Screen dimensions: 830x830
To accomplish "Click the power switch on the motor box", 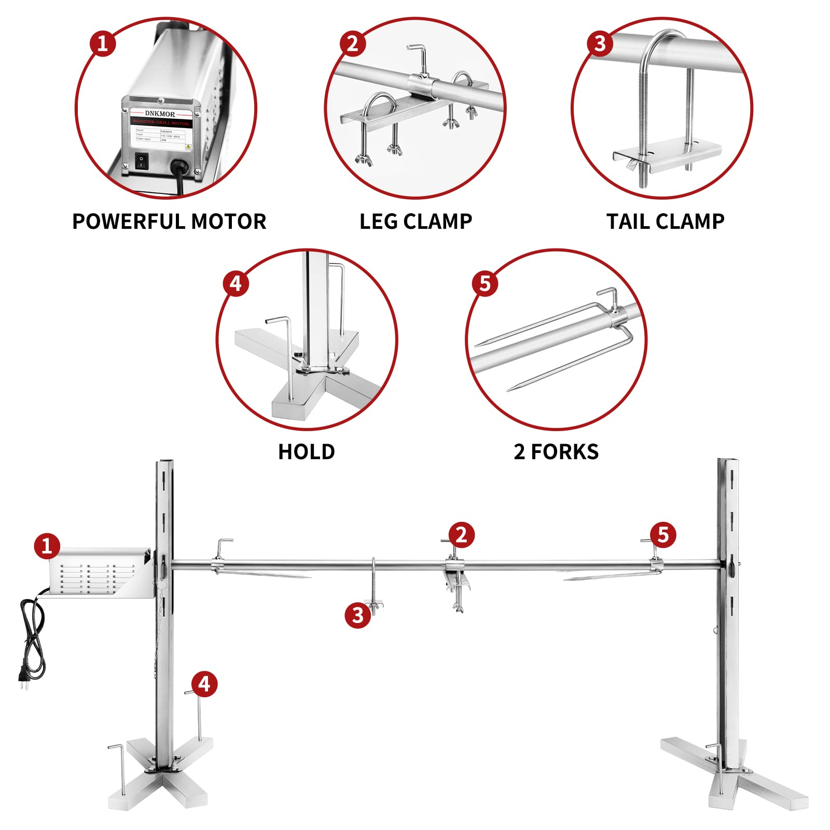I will [141, 161].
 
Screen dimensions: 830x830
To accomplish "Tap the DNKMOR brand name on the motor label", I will [160, 114].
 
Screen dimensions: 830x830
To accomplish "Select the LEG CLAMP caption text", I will [416, 222].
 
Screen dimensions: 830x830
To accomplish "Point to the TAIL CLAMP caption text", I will [665, 222].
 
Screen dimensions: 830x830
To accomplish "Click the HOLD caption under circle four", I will [307, 452].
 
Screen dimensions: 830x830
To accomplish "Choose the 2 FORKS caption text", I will [556, 452].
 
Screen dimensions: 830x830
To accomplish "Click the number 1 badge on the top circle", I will [102, 43].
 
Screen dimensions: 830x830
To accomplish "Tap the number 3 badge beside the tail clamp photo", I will [600, 43].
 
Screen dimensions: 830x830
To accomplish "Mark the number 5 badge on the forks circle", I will [485, 283].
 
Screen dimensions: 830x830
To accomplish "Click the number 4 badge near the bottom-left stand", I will [204, 684].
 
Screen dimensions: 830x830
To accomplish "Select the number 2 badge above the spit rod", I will [461, 534].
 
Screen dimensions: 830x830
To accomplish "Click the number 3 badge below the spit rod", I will [358, 615].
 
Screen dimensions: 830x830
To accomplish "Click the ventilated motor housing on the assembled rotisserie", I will [96, 573].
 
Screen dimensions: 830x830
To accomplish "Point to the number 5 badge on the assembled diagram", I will [663, 534].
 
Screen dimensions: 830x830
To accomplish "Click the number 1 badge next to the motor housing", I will [47, 546].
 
